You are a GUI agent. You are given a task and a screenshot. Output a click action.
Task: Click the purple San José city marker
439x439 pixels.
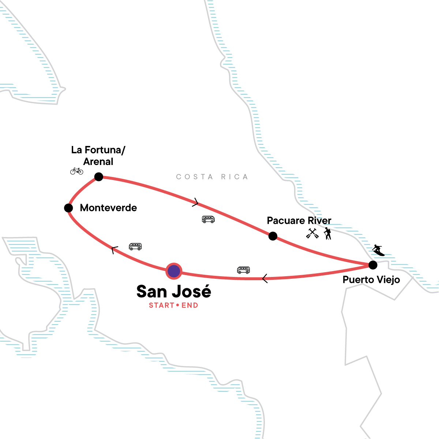[x=174, y=271]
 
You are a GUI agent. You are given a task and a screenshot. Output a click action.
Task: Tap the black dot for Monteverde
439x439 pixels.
[x=68, y=208]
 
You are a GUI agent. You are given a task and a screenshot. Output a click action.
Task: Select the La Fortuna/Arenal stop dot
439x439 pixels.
[x=99, y=177]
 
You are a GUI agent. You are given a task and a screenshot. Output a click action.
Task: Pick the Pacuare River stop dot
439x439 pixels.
[x=273, y=236]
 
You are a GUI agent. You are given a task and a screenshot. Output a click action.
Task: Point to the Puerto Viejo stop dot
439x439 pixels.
[x=372, y=264]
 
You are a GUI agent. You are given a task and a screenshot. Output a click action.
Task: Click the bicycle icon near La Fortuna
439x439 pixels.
[x=77, y=171]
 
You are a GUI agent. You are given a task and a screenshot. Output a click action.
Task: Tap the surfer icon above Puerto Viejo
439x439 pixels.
[x=378, y=250]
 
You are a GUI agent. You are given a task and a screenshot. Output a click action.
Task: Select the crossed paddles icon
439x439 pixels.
[x=312, y=233]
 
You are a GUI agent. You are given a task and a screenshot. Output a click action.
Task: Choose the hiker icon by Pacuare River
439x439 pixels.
[x=327, y=233]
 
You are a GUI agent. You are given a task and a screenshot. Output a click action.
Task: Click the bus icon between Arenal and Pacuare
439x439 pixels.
[x=208, y=219]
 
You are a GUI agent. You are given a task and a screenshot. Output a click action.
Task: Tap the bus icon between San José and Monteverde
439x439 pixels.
[x=135, y=247]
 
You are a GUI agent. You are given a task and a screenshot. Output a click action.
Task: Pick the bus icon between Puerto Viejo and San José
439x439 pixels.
[x=243, y=270]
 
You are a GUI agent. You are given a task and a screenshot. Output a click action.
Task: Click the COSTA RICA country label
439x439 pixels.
[x=212, y=177]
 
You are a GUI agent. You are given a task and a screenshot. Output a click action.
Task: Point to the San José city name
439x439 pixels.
[x=174, y=292]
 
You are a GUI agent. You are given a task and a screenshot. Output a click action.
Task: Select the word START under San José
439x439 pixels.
[x=161, y=305]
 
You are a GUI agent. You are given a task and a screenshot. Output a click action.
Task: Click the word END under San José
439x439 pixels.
[x=190, y=305]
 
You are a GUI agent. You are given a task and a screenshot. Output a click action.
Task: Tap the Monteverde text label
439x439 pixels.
[x=108, y=208]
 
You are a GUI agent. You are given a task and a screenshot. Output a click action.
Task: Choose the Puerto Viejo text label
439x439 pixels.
[x=371, y=280]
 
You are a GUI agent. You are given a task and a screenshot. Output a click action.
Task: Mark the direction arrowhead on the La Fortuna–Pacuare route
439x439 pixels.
[x=196, y=202]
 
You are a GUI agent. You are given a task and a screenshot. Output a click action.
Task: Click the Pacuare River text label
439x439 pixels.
[x=299, y=221]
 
